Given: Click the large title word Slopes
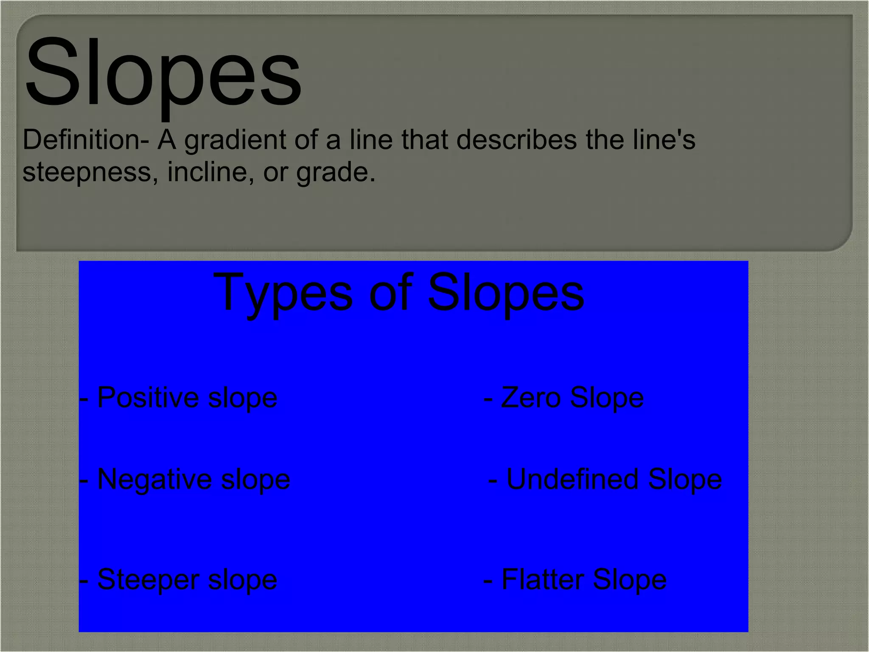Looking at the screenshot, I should point(163,72).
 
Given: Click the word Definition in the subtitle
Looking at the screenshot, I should point(80,140).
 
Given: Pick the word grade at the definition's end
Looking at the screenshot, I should point(334,173).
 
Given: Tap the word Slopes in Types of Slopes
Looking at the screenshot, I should point(506,293).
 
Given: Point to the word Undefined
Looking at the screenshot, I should point(573,480).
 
